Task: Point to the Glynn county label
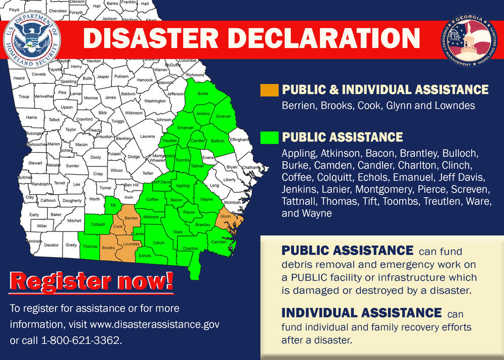pos(225,216)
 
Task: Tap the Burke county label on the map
pos(203,94)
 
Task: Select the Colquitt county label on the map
pos(98,224)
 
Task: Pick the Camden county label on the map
pos(218,242)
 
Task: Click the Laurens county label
pos(148,136)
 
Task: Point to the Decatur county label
pos(51,246)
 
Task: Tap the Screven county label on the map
pos(223,116)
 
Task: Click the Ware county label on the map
pos(177,232)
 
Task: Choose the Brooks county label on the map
pos(108,248)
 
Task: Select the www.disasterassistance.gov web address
pos(163,324)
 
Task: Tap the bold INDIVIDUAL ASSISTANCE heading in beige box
pos(361,313)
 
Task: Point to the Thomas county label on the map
pos(90,247)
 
